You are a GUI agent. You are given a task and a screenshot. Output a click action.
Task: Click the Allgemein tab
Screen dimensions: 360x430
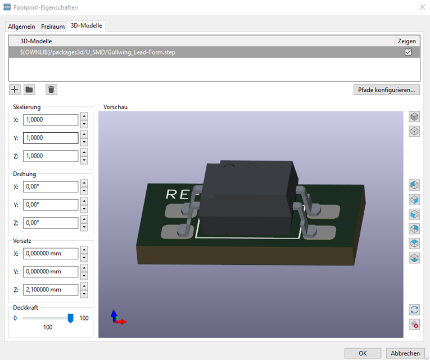click(22, 26)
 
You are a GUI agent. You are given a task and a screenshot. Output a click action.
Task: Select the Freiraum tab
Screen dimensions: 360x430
click(52, 26)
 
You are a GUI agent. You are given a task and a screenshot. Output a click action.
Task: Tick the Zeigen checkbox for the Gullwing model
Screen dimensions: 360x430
click(408, 52)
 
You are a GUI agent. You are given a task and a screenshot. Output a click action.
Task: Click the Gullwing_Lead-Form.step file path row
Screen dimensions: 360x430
click(101, 52)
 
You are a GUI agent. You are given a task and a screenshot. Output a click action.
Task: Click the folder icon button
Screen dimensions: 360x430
click(30, 89)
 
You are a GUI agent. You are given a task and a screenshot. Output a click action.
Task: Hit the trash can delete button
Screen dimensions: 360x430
click(51, 89)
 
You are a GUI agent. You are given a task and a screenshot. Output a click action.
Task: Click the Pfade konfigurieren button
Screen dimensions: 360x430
click(386, 89)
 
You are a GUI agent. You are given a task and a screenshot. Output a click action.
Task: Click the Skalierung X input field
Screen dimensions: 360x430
click(51, 120)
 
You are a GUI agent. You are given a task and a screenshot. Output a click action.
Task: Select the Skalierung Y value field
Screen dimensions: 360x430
click(51, 138)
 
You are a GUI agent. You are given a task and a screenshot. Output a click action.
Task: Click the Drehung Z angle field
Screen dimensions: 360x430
click(51, 223)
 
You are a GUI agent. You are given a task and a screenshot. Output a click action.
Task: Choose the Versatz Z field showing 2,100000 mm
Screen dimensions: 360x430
click(51, 290)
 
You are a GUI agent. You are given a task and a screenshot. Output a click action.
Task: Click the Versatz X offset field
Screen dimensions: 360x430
click(51, 254)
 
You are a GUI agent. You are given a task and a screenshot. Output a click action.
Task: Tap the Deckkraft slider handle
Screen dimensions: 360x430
click(71, 318)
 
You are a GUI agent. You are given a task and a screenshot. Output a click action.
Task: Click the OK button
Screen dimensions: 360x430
click(363, 353)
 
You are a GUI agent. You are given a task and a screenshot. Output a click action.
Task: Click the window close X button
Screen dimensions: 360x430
click(422, 7)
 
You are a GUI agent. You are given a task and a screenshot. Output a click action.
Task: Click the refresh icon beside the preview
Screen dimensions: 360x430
click(414, 309)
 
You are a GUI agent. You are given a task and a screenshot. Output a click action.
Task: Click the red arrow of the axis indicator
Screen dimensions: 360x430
click(122, 322)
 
